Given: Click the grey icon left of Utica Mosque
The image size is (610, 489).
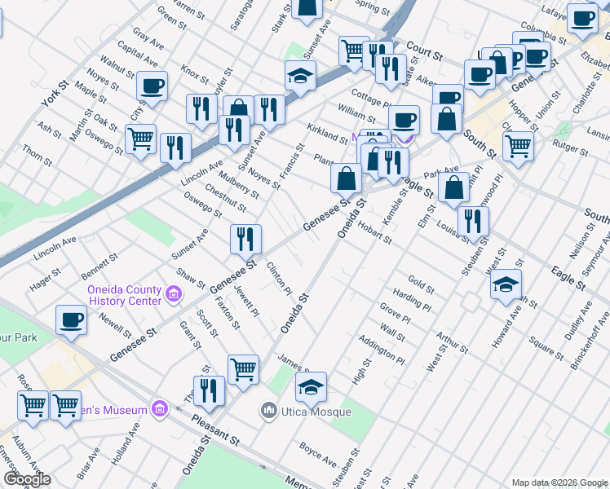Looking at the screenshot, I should (268, 411).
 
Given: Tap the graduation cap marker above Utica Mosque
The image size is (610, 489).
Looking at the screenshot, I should (311, 388).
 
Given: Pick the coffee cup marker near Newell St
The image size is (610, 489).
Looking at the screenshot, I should (71, 319).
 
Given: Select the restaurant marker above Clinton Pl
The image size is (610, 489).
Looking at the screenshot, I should (245, 239).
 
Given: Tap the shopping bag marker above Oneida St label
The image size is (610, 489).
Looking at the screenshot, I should (346, 178).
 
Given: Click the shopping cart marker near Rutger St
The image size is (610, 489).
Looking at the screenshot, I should (518, 147).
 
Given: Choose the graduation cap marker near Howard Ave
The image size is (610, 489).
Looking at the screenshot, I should (506, 284).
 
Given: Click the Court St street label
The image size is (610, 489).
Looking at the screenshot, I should (423, 51).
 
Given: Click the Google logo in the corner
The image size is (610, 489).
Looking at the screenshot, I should (27, 479).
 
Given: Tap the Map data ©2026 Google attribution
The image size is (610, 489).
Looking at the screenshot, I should (559, 482).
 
